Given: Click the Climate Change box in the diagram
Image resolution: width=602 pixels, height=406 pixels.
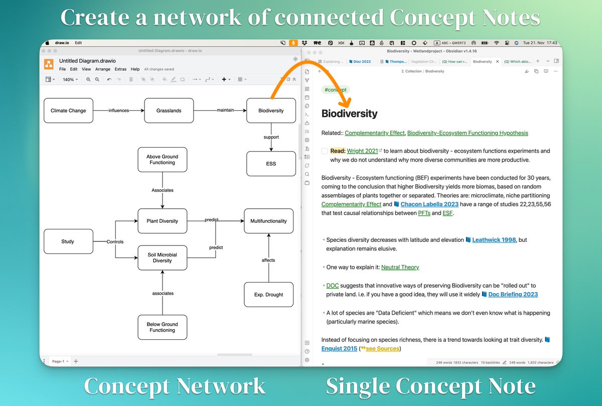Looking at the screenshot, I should point(68,110).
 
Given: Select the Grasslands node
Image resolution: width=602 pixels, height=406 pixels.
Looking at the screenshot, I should point(169,110).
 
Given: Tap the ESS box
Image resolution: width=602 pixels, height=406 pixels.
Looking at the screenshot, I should point(271,164).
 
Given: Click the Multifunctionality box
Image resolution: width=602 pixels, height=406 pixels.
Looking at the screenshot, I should point(268,221).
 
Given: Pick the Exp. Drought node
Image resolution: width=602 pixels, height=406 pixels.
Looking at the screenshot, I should point(268,295).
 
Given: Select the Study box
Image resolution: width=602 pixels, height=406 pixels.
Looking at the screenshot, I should point(68,241).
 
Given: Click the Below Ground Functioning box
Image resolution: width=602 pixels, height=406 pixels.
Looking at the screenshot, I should point(162,327).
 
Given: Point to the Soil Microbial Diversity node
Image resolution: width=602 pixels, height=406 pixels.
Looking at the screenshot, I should point(162,258).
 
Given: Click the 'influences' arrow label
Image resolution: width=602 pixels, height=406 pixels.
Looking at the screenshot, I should point(119,110).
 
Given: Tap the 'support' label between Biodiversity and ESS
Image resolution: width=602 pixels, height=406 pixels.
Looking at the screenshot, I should point(271,137).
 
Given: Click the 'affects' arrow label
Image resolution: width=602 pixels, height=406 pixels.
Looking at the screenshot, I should point(268,260).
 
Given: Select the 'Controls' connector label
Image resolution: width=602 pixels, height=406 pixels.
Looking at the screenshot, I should point(115,241).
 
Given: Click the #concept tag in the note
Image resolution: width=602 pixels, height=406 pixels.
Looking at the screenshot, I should point(336,90).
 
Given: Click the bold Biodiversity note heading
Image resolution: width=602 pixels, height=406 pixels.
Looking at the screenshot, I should point(349,113).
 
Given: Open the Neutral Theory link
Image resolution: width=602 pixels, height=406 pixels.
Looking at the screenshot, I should point(400,267).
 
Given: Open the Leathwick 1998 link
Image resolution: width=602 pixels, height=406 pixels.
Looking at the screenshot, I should point(494,240).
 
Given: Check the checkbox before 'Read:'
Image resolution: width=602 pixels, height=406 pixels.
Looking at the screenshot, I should point(325,151).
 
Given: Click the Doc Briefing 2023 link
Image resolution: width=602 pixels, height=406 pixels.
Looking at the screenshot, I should point(513,295).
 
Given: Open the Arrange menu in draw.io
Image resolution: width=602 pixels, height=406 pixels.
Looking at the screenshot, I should point(103,69).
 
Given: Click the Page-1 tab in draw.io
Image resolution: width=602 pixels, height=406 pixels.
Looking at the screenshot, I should point(58,361).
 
